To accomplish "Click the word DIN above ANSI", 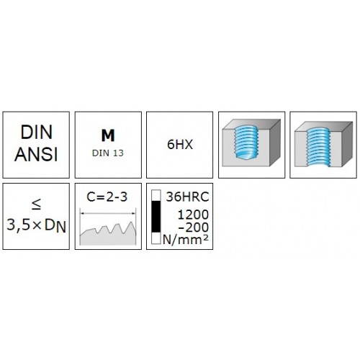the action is (x=36, y=132).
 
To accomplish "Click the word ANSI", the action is (x=36, y=154).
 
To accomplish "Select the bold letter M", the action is (x=108, y=135).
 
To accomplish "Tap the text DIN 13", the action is (x=108, y=153).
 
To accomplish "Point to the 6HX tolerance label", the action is (x=180, y=145).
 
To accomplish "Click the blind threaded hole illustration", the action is (x=251, y=143).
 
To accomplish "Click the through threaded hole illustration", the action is (x=323, y=144).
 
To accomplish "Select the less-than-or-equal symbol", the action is (x=37, y=204).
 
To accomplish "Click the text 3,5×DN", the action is (x=36, y=225).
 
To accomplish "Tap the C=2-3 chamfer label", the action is (x=107, y=197).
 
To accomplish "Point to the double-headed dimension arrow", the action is (x=108, y=213).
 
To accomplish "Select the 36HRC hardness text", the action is (x=187, y=197).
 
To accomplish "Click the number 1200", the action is (x=193, y=215).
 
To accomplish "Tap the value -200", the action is (x=194, y=228).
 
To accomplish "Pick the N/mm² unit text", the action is (x=186, y=240).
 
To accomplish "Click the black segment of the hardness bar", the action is (x=156, y=217).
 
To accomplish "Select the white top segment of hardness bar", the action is (x=156, y=196).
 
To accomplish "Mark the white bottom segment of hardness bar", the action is (x=156, y=238).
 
